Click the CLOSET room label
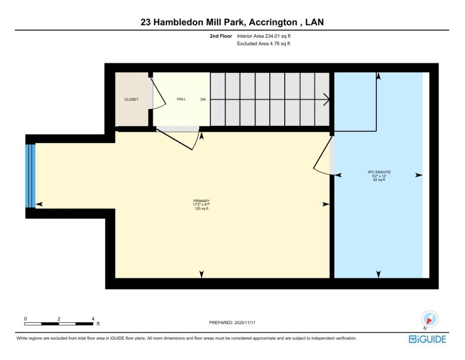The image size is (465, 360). (x=132, y=100)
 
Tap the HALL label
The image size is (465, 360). (x=181, y=99)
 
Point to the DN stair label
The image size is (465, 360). (x=203, y=99)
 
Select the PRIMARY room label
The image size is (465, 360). (x=201, y=201)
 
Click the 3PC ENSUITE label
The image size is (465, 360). (x=379, y=172)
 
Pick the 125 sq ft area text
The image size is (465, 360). (x=201, y=209)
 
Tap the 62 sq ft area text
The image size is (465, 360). (x=379, y=180)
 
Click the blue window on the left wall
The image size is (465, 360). (x=30, y=175)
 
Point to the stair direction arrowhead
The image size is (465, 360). (x=327, y=99)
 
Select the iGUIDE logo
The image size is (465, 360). (x=427, y=339)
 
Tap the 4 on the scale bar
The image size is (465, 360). (x=93, y=319)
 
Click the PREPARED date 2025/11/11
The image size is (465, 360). (x=248, y=322)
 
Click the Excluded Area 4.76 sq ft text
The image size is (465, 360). (x=263, y=44)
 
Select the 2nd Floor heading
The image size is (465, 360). (x=221, y=36)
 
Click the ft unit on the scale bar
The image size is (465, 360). (x=98, y=324)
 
